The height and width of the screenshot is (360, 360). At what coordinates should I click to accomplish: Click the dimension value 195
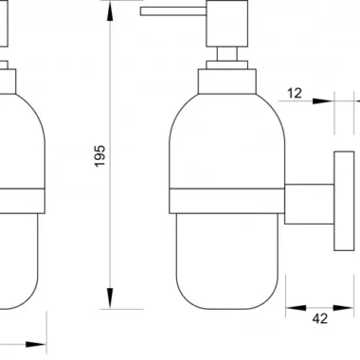[x=99, y=156]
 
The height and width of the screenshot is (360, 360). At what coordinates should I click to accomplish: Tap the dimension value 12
[x=295, y=93]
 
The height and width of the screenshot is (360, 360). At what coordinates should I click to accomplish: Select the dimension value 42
[x=320, y=319]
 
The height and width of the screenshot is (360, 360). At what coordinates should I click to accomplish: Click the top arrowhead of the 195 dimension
[x=110, y=11]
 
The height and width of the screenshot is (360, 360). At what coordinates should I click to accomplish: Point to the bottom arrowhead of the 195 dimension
[x=110, y=297]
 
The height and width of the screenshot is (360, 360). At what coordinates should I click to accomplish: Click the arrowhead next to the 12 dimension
[x=323, y=101]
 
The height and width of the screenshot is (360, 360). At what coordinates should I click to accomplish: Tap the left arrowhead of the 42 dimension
[x=297, y=308]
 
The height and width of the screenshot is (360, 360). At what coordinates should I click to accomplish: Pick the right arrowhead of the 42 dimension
[x=344, y=308]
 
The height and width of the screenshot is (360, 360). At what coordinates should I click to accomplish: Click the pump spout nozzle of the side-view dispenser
[x=173, y=11]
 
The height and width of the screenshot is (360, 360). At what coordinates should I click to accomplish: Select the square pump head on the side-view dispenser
[x=226, y=24]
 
